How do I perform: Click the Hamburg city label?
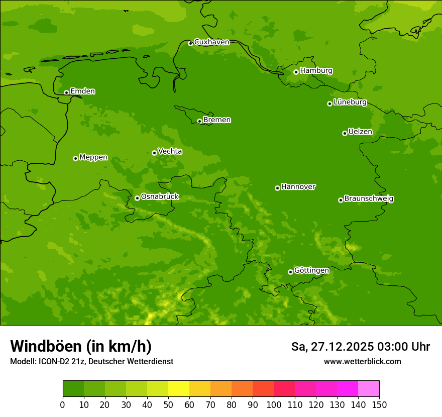[x=316, y=71]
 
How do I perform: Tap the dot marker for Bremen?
[x=199, y=121]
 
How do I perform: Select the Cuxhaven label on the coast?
[x=211, y=42]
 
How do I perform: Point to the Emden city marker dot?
[x=66, y=92]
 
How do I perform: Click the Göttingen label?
[x=311, y=271]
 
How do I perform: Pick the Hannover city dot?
[x=277, y=188]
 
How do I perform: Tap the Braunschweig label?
[x=369, y=199]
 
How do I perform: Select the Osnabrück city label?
[x=160, y=197]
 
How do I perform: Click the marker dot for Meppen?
[x=75, y=158]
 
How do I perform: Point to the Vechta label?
[x=170, y=151]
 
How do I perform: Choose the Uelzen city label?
[x=360, y=132]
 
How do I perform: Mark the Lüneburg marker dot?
[x=329, y=103]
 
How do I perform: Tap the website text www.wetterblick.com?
[x=362, y=361]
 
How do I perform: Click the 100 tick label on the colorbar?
[x=274, y=404]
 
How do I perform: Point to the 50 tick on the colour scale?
[x=168, y=404]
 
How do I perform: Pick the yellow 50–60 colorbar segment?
[x=179, y=389]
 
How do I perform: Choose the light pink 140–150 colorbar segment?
[x=368, y=389]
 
